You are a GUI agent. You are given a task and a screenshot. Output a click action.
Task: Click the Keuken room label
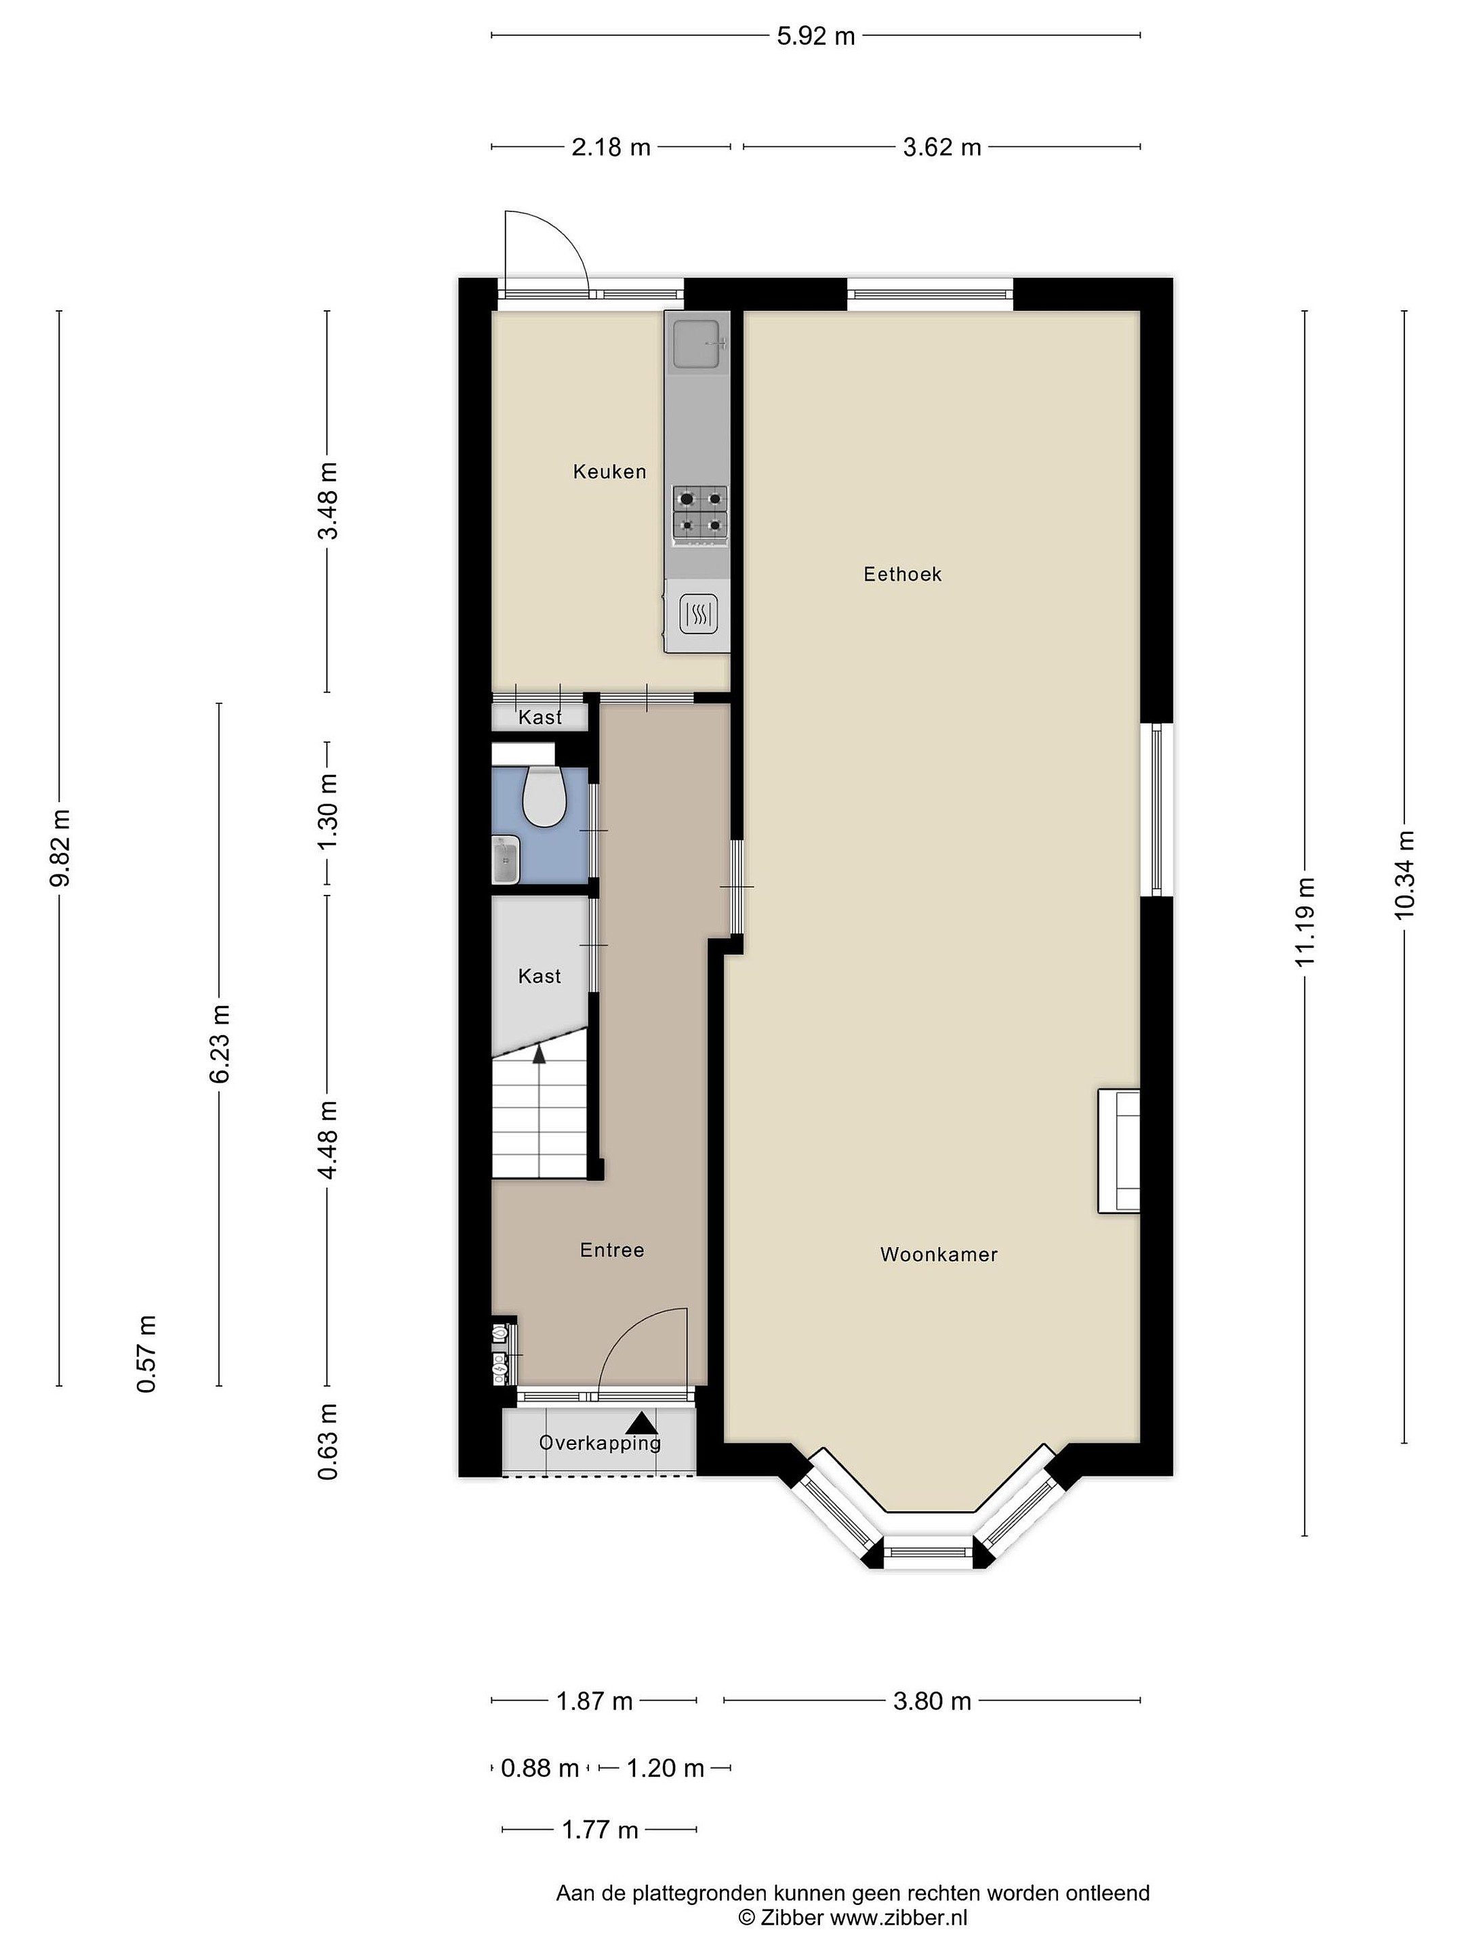[609, 472]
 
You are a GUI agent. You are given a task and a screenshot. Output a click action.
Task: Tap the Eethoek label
[902, 574]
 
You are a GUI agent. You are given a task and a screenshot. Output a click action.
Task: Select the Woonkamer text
[938, 1254]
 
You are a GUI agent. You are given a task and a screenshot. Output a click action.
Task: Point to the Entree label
[611, 1250]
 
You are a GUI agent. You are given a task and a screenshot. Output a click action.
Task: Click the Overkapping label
[599, 1443]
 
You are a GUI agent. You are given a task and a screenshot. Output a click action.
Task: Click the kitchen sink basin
[698, 344]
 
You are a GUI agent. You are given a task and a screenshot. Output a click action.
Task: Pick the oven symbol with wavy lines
[698, 614]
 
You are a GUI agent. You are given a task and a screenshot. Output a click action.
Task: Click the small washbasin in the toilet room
[506, 860]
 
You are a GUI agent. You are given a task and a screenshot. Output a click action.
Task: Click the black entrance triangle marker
[643, 1423]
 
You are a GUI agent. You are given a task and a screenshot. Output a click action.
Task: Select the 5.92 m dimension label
[815, 36]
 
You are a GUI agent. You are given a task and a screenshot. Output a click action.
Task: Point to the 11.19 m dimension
[1305, 922]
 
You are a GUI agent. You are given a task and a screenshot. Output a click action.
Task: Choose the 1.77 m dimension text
[600, 1830]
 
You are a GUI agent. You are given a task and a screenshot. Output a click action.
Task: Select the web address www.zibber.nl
[898, 1918]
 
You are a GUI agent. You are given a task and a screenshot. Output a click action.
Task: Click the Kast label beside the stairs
[540, 976]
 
